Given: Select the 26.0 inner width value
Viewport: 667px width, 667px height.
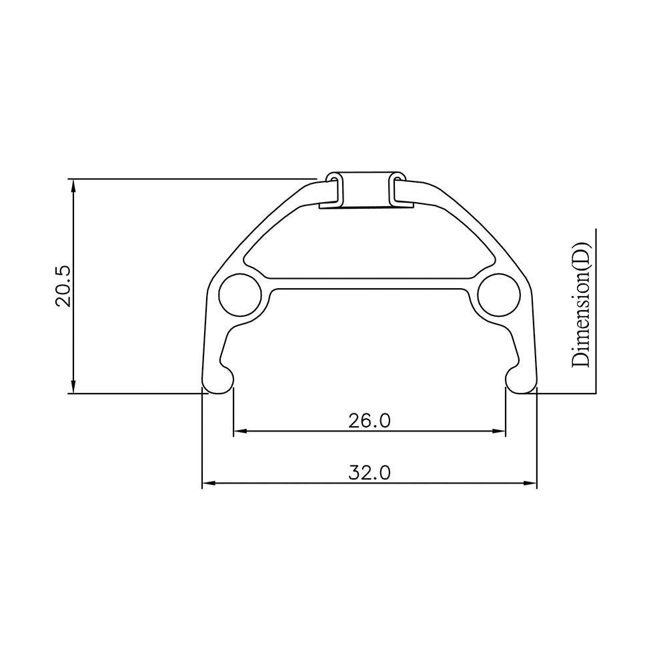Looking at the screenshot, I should coord(369,420).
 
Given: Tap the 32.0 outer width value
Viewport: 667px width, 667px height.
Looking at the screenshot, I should coord(369,472).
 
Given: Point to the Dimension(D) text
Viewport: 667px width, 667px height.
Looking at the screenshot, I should coord(580,305).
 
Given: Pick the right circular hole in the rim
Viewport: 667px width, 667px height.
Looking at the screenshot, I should coord(498,294).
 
